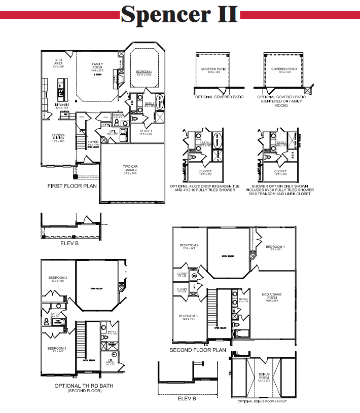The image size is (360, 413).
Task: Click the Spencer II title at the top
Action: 180,15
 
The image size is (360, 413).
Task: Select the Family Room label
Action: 97,66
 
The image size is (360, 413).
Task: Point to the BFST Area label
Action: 59,62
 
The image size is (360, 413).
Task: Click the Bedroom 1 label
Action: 144,72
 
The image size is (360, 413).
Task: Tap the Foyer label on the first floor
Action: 93,143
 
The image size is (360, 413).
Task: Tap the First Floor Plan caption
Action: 72,186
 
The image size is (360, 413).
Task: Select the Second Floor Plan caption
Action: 198,350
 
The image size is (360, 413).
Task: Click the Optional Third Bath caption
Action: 84,386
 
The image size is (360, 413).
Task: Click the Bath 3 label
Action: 55,315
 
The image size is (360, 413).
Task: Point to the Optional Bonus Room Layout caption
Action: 262,401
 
